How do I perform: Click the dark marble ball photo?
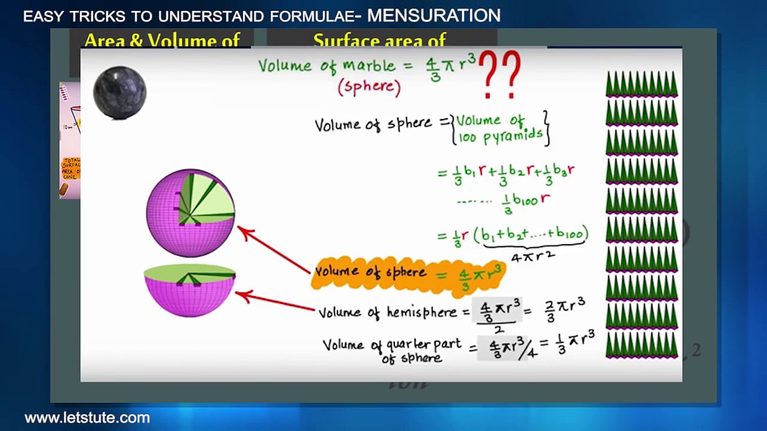click(x=120, y=92)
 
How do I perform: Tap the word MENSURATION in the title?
click(x=433, y=16)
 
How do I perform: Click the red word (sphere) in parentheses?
click(x=369, y=87)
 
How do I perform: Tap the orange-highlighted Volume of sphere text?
click(x=372, y=272)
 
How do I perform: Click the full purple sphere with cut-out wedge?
click(x=191, y=213)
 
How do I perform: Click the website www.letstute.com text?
click(x=87, y=418)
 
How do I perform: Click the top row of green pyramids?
click(x=641, y=84)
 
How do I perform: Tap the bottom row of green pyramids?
click(x=641, y=345)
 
